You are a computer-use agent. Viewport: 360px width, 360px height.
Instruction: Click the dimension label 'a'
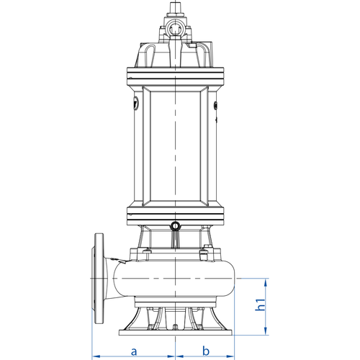(134, 351)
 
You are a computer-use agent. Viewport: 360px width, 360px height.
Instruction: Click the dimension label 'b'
(206, 351)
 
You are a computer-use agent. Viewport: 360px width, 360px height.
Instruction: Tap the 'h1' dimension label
(260, 305)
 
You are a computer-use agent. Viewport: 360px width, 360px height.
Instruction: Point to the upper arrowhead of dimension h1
(265, 282)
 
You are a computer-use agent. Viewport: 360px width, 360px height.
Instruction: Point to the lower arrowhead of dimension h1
(265, 331)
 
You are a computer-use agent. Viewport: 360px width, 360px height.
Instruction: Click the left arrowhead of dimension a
(96, 356)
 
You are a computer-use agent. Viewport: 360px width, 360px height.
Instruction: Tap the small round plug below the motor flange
(175, 225)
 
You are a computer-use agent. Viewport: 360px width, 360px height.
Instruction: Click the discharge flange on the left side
(98, 279)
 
